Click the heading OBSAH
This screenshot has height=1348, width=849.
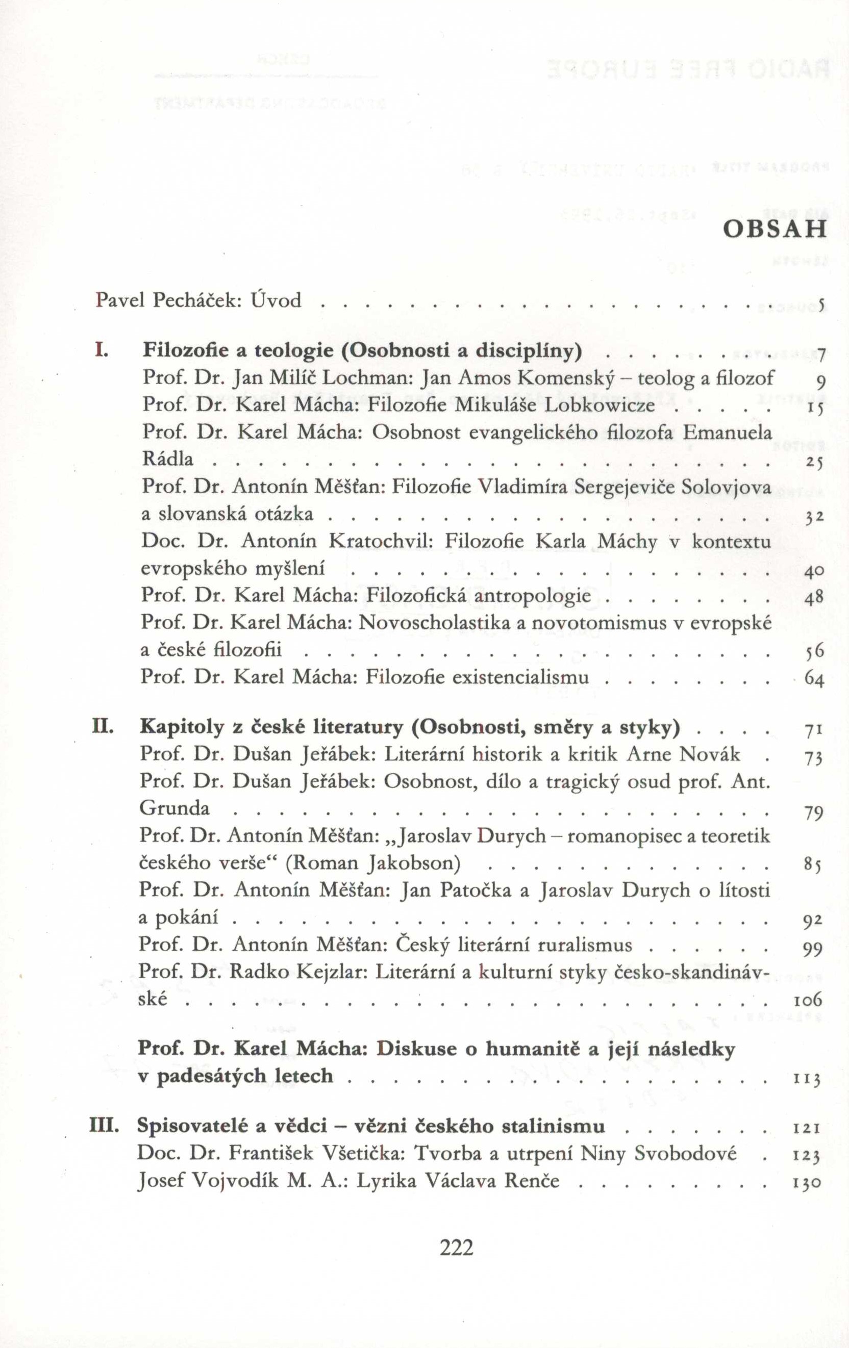click(775, 229)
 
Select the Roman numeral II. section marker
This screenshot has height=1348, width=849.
click(103, 727)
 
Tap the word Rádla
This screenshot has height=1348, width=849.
click(167, 459)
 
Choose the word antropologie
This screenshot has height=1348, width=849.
click(533, 596)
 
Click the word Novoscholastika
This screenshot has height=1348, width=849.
click(435, 623)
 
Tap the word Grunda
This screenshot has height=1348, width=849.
click(174, 808)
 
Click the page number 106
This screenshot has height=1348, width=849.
click(807, 1000)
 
